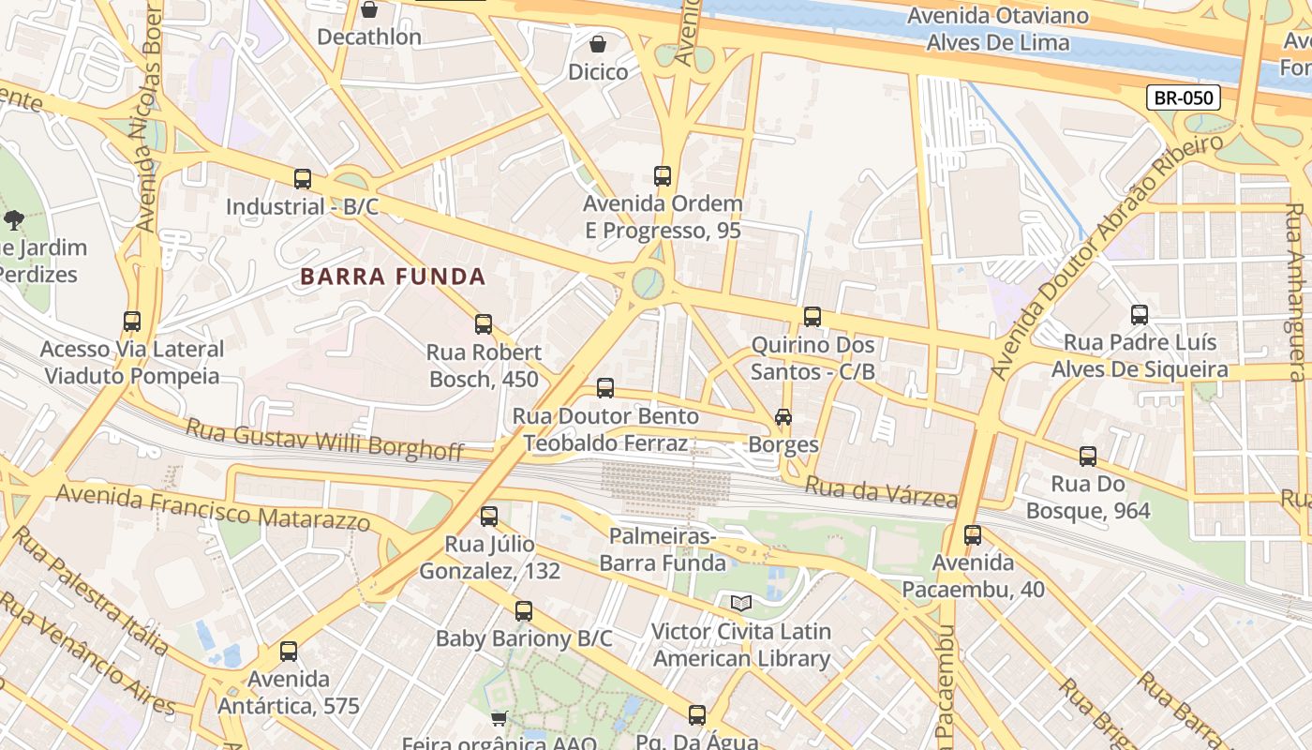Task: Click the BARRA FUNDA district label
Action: point(393,277)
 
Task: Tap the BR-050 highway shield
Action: point(1184,97)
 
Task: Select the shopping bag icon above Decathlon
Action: point(369,10)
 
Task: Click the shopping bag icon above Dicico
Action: point(598,44)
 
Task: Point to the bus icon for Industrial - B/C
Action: point(302,179)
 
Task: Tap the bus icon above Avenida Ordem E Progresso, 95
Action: point(663,175)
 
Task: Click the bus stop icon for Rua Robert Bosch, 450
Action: point(484,324)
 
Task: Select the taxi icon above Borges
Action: point(783,416)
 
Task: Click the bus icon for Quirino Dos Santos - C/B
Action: point(813,317)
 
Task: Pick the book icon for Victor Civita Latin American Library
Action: point(741,603)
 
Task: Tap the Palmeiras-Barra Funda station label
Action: point(663,549)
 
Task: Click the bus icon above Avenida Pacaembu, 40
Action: point(973,535)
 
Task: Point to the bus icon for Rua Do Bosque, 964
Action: point(1087,457)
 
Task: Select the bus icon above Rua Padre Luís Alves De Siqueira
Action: point(1140,315)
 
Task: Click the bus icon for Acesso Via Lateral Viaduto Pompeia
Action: point(132,322)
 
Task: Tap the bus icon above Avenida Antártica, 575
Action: point(289,652)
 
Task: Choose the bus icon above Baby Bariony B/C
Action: point(524,611)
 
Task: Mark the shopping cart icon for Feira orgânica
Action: point(499,718)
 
